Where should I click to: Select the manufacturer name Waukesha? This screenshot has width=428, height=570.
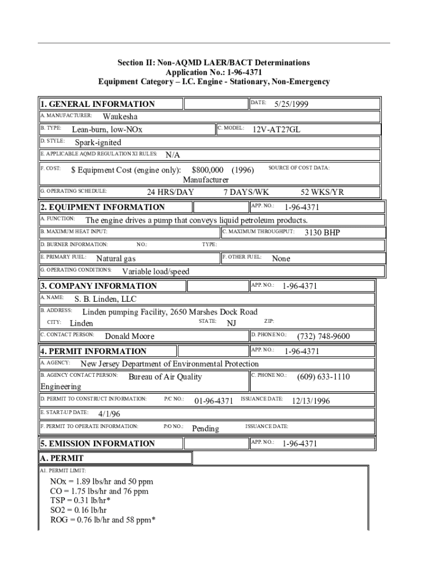pyautogui.click(x=120, y=116)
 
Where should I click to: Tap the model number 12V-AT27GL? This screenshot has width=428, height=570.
pyautogui.click(x=276, y=129)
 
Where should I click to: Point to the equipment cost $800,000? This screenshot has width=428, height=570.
pyautogui.click(x=207, y=169)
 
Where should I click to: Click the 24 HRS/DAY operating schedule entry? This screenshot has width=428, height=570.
pyautogui.click(x=170, y=192)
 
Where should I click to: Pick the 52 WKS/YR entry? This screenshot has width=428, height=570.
pyautogui.click(x=322, y=192)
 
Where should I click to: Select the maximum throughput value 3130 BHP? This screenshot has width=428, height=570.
pyautogui.click(x=322, y=232)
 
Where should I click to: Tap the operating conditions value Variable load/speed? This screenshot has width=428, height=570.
pyautogui.click(x=156, y=272)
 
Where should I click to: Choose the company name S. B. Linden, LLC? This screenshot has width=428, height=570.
pyautogui.click(x=106, y=299)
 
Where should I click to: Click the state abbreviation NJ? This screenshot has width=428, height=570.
pyautogui.click(x=231, y=323)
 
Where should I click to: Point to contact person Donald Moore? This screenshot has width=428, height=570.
pyautogui.click(x=130, y=336)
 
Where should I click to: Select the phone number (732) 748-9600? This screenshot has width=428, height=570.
pyautogui.click(x=324, y=336)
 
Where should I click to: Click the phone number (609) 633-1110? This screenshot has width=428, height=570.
pyautogui.click(x=324, y=377)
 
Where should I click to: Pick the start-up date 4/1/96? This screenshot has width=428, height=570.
pyautogui.click(x=109, y=414)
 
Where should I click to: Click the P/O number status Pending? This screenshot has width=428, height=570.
pyautogui.click(x=205, y=428)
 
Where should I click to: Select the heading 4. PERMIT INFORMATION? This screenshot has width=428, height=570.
pyautogui.click(x=93, y=351)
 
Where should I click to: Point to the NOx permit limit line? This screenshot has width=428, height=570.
pyautogui.click(x=102, y=481)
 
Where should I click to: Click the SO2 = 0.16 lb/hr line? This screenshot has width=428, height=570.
pyautogui.click(x=78, y=510)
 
